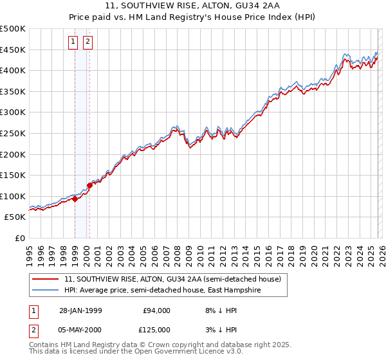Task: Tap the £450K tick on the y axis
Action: pyautogui.click(x=13, y=50)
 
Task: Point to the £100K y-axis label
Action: pyautogui.click(x=13, y=196)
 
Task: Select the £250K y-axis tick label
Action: pyautogui.click(x=13, y=133)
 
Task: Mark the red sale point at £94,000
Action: pyautogui.click(x=75, y=199)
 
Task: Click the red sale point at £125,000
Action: pyautogui.click(x=89, y=185)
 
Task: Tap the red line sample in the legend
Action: pyautogui.click(x=46, y=280)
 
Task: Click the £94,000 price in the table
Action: pyautogui.click(x=156, y=310)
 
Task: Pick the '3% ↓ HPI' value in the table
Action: pyautogui.click(x=219, y=329)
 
